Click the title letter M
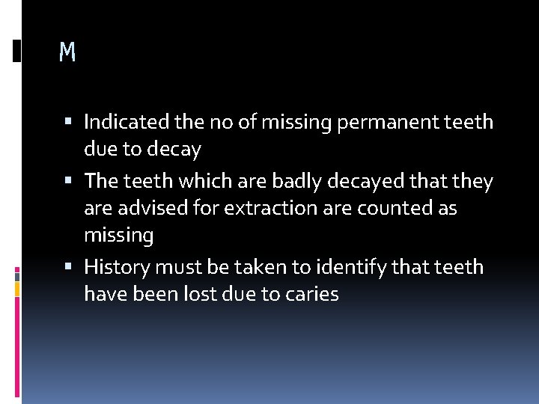(67, 52)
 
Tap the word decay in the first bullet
(174, 149)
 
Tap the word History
(116, 266)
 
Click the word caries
(311, 294)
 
